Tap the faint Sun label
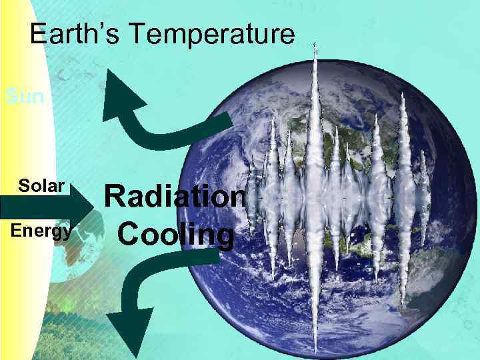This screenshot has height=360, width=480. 24,97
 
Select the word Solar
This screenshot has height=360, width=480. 41,185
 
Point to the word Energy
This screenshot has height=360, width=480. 41,231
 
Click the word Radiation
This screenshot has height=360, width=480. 176,198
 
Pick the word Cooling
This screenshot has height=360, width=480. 176,235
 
